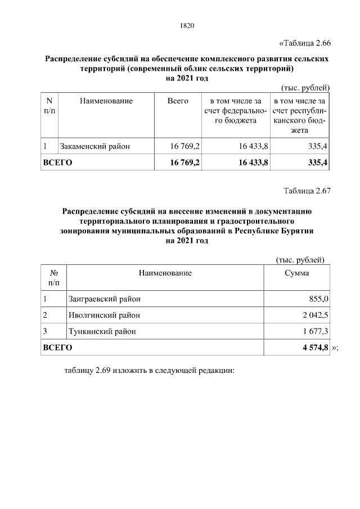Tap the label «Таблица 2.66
click(304, 43)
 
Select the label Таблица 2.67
click(307, 190)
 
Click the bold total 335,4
click(318, 163)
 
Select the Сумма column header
click(296, 273)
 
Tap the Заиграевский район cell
click(103, 298)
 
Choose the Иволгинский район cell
click(103, 315)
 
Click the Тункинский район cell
click(101, 332)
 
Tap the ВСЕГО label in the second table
click(58, 348)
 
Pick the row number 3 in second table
click(45, 332)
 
